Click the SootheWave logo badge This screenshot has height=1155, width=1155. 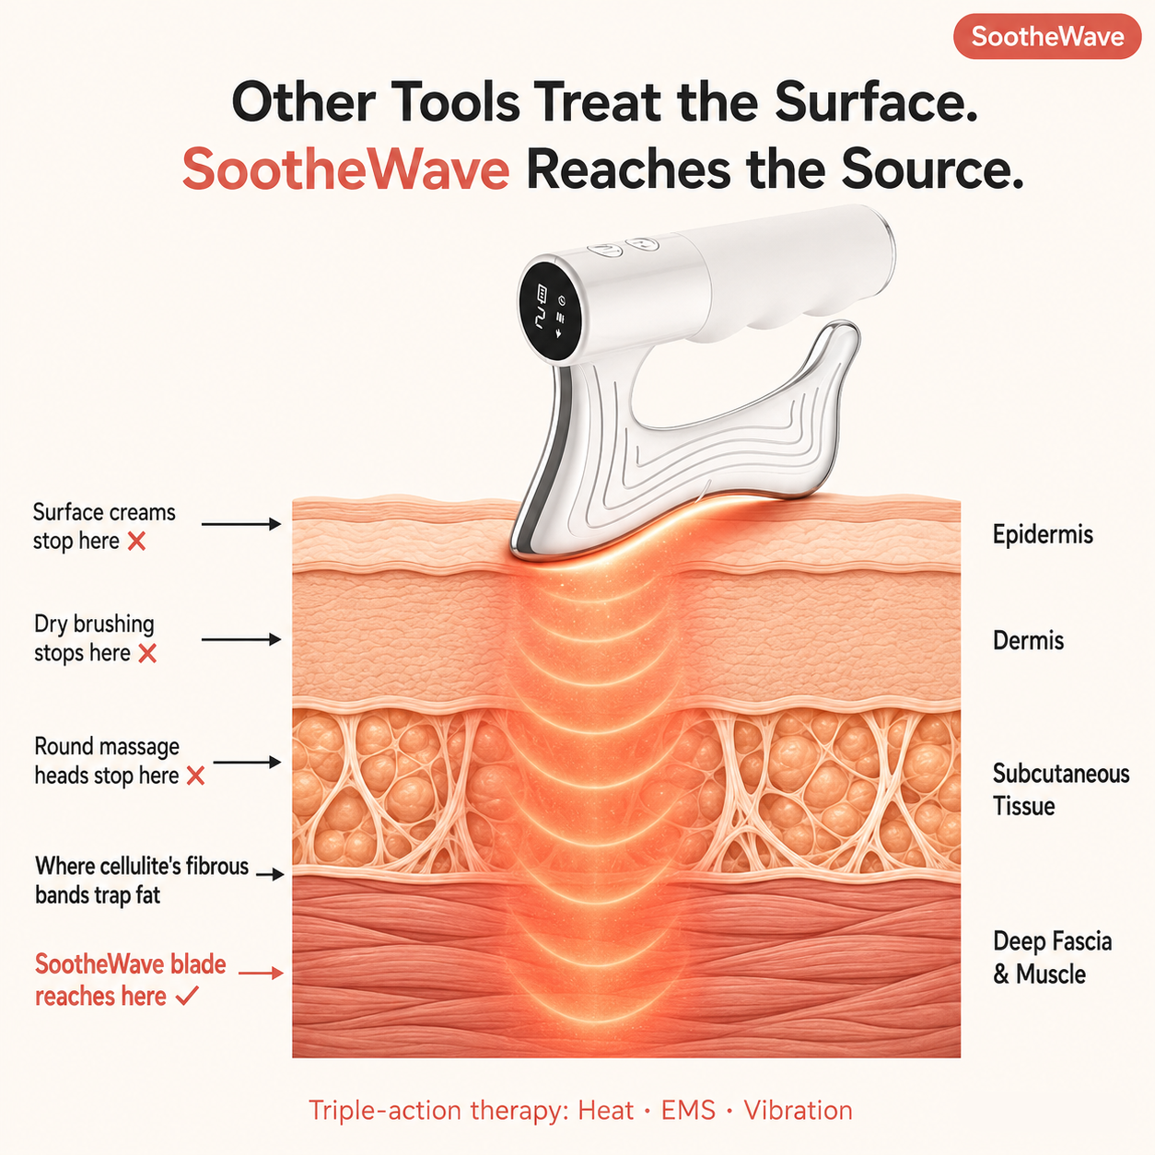(x=1046, y=37)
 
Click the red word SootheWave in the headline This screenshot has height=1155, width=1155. (x=345, y=169)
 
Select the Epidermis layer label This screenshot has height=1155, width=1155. (x=1043, y=534)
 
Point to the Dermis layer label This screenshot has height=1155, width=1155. (x=1028, y=640)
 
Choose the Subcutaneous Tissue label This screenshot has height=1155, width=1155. (x=1060, y=789)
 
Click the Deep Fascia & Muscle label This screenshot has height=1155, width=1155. (x=1052, y=957)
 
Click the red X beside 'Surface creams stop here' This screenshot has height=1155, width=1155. (x=136, y=542)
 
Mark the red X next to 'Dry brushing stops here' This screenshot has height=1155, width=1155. (x=147, y=653)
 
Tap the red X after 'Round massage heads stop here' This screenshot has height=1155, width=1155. (x=195, y=776)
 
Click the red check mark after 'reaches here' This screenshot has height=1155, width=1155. (x=187, y=997)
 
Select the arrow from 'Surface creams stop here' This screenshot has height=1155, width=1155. (x=241, y=524)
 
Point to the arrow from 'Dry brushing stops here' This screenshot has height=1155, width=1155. (x=241, y=639)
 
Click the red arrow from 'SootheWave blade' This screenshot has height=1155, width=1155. (x=261, y=973)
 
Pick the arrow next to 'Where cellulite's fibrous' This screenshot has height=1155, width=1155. (x=270, y=874)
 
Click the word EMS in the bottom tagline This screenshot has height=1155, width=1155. (x=688, y=1111)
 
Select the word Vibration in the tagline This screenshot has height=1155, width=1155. (x=798, y=1111)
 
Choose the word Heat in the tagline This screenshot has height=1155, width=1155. (x=605, y=1111)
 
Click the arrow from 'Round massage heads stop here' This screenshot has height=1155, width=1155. (x=247, y=762)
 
